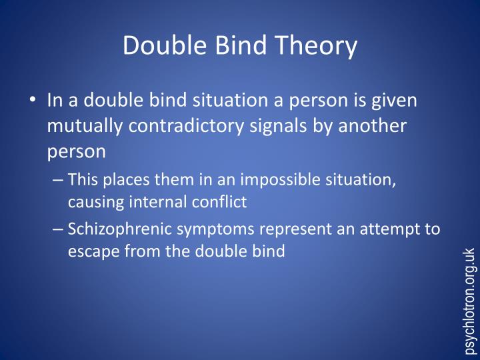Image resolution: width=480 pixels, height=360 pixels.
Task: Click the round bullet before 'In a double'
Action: coord(33,101)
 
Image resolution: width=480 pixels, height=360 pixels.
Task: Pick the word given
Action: coord(397,101)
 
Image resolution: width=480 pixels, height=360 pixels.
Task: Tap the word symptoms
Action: coord(215,230)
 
